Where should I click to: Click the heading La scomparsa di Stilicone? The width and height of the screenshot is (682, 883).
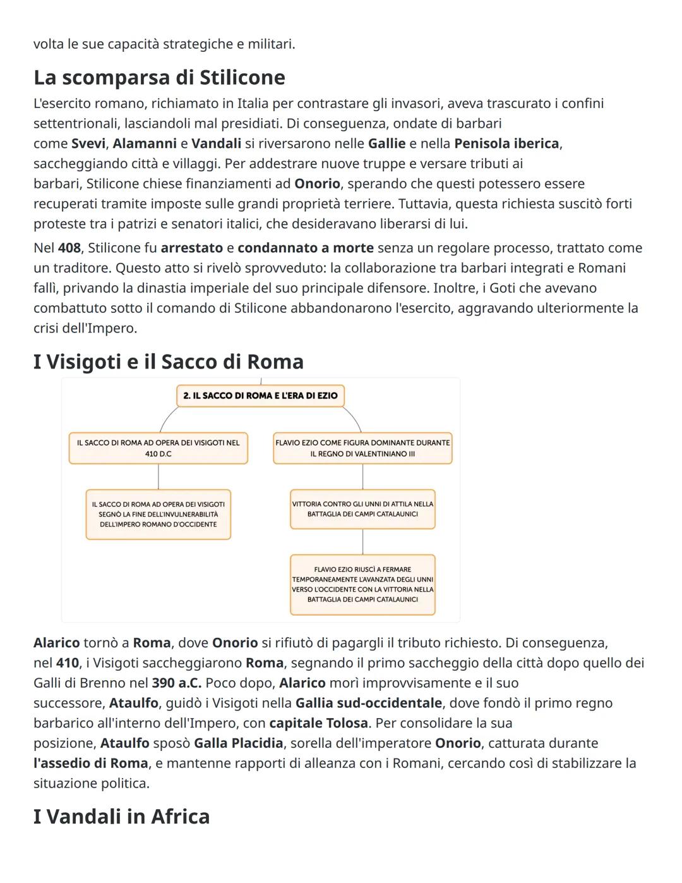pos(159,78)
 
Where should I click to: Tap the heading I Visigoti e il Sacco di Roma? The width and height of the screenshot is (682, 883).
pos(168,362)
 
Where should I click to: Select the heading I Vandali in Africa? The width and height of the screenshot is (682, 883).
pos(121,816)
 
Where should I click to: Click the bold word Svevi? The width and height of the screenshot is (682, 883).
pos(88,143)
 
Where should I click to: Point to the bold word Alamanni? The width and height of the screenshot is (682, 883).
pos(145,143)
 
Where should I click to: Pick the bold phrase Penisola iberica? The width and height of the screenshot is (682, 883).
pos(506,143)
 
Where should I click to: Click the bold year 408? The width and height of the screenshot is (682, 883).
pos(69,248)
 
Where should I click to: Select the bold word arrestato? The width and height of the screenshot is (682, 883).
pos(191,248)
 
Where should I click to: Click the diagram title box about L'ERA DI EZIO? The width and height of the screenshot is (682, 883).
pos(260,396)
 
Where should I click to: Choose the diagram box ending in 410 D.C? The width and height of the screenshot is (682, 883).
pos(158,448)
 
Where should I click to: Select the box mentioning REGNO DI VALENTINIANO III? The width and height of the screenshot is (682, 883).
pos(362,448)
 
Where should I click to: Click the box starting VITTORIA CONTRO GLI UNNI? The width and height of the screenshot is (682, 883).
pos(362,509)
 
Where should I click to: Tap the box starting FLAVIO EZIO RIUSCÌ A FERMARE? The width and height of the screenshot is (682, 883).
pos(362,584)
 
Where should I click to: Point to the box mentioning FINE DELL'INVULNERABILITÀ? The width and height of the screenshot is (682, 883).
pos(158,514)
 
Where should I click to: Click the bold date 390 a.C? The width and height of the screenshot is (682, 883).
pos(176,683)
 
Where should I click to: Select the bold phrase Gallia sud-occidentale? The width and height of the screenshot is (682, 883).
pos(369,703)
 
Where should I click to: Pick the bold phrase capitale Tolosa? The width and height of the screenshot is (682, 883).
pos(318,723)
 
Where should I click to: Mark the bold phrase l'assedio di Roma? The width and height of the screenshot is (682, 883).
pos(91,763)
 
